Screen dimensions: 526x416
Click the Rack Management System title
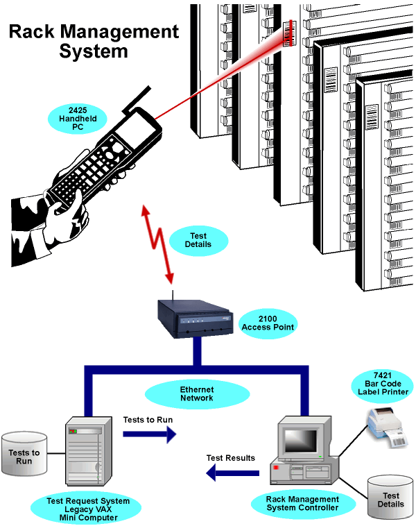point(94,41)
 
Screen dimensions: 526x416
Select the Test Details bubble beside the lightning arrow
point(199,240)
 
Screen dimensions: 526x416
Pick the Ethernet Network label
point(197,394)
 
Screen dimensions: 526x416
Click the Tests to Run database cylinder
point(24,455)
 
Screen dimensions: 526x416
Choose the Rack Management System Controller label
point(303,503)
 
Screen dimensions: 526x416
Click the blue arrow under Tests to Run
point(150,434)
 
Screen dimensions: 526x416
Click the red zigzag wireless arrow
point(158,243)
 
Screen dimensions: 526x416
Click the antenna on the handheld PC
point(138,98)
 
